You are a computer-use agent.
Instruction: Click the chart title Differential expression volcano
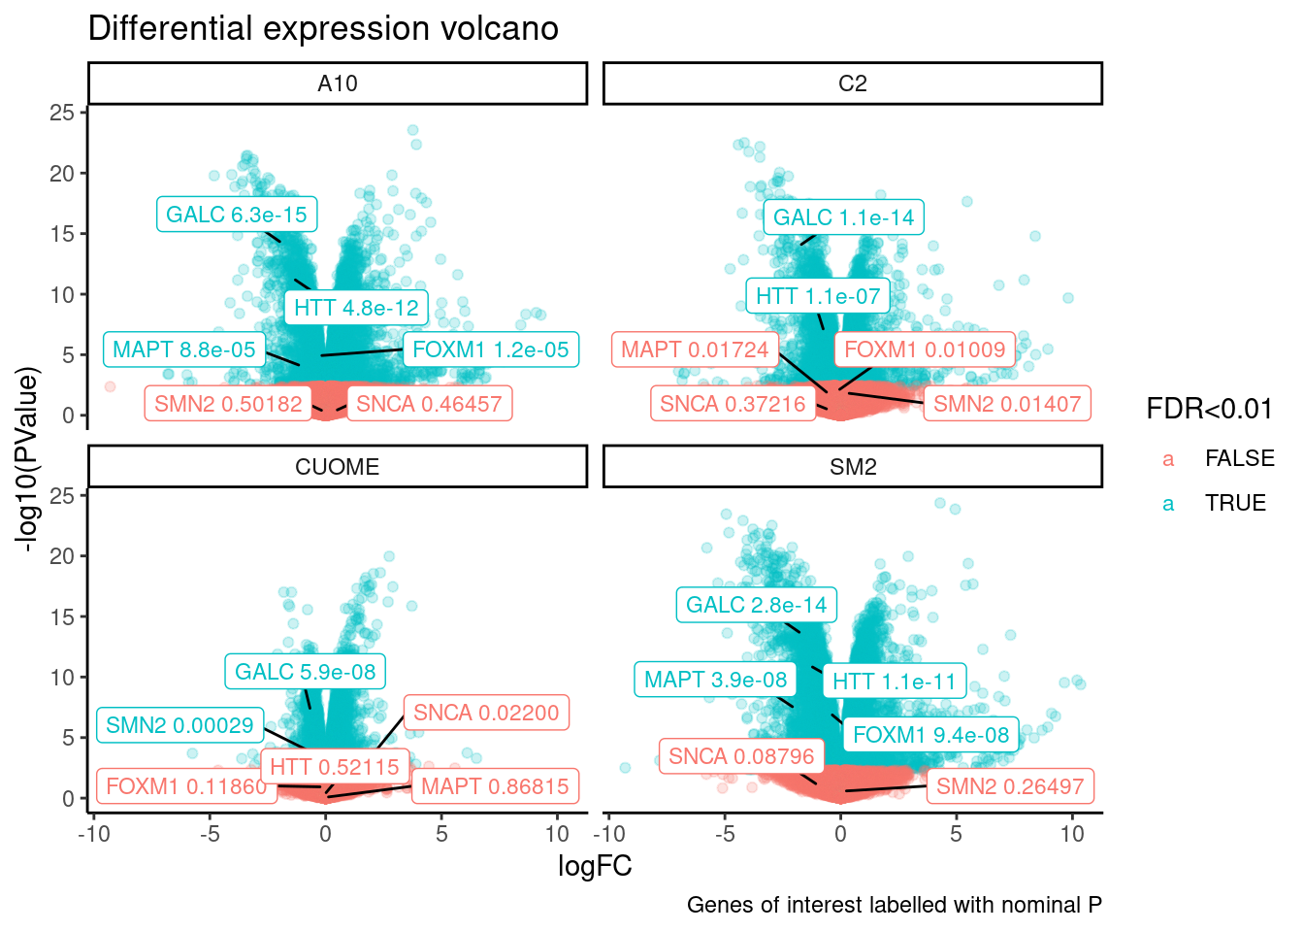[x=323, y=29]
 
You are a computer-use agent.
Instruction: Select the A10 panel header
[x=338, y=83]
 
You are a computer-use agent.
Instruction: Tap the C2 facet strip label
[x=852, y=83]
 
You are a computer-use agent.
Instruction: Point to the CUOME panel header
[x=338, y=467]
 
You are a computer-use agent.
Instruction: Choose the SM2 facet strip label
[x=852, y=467]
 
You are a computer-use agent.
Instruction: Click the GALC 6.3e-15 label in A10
[x=237, y=215]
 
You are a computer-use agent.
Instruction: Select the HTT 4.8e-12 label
[x=356, y=308]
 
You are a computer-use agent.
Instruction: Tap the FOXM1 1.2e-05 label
[x=491, y=349]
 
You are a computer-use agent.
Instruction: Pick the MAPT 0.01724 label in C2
[x=695, y=349]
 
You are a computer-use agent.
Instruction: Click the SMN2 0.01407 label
[x=1007, y=404]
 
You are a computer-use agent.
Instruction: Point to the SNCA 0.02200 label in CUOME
[x=486, y=713]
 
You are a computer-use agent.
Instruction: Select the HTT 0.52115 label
[x=335, y=767]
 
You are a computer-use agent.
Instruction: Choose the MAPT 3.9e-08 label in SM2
[x=716, y=680]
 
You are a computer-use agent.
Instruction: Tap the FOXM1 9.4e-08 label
[x=931, y=735]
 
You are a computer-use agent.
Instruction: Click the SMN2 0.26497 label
[x=1010, y=786]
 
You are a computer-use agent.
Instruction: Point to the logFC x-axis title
[x=595, y=866]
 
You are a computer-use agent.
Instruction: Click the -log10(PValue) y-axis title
[x=29, y=459]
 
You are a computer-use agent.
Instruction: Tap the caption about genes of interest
[x=894, y=905]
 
